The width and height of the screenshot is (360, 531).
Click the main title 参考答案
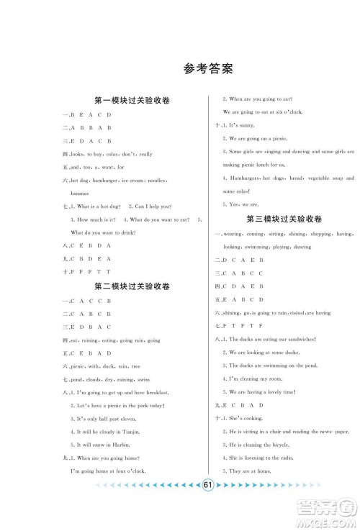pos(209,70)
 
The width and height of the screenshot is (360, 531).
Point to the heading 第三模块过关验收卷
pos(284,219)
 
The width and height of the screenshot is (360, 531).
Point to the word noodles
pos(158,181)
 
